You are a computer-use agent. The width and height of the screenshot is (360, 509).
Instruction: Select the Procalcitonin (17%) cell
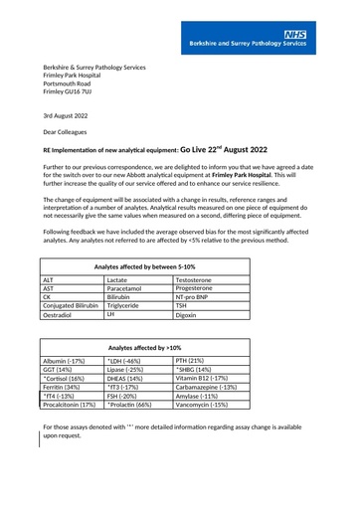71,433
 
